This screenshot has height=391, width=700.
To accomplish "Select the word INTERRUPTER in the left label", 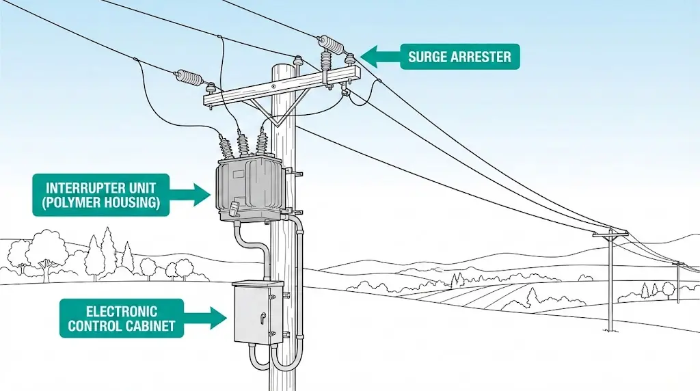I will [100, 187].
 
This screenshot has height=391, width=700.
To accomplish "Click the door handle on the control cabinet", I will [261, 318].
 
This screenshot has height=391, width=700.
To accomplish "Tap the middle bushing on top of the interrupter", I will [242, 145].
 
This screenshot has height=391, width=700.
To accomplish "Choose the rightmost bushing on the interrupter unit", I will [261, 143].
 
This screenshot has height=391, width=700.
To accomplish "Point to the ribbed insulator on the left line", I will [189, 77].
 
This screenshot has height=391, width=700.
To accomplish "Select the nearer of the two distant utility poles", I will [610, 280].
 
